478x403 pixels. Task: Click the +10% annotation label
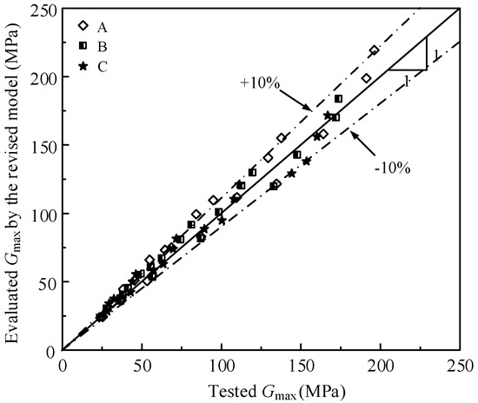coord(258,83)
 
